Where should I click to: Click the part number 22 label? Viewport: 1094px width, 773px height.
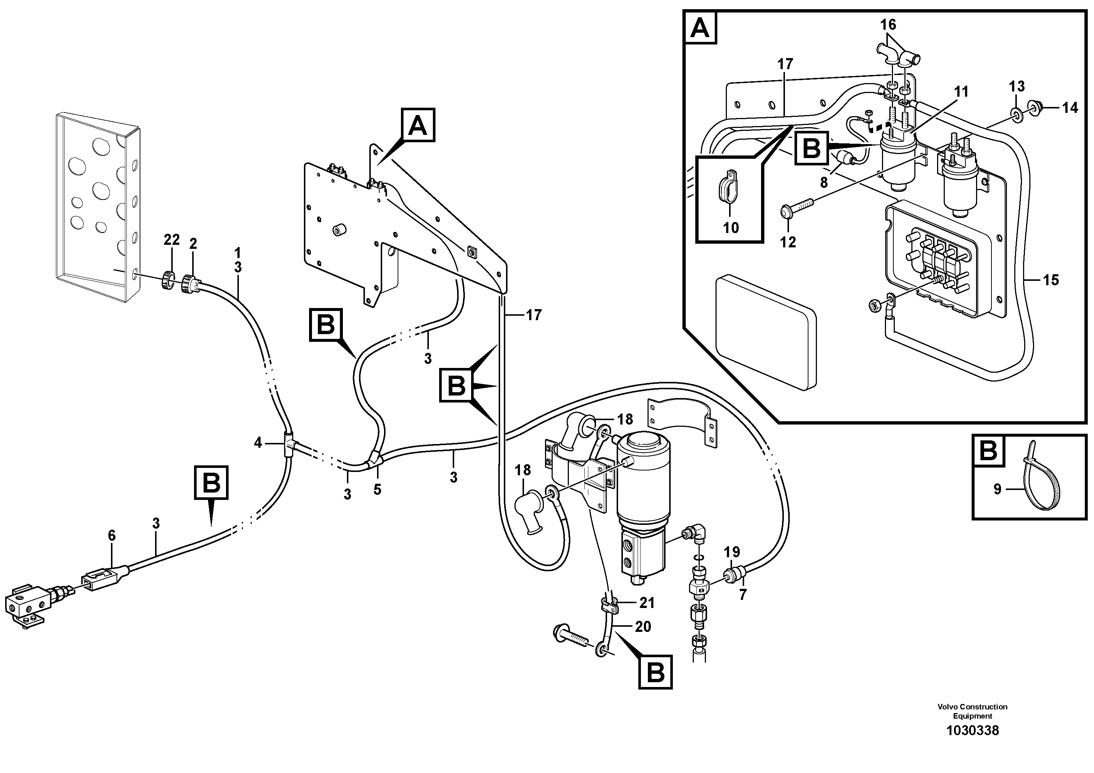(x=172, y=240)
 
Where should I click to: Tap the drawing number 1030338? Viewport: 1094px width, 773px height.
(x=972, y=744)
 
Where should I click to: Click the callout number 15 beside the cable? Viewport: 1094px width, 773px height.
(x=1051, y=280)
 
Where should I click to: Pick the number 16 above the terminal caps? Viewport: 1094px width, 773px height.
(x=888, y=24)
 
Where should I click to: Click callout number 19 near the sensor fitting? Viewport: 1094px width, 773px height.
(x=732, y=552)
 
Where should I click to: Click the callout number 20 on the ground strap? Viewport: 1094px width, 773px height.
(x=643, y=627)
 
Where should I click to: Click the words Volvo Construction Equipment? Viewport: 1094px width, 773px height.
(x=972, y=711)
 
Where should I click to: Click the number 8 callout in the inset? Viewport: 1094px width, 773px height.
(x=824, y=182)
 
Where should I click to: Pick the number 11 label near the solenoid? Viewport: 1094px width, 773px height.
(x=961, y=92)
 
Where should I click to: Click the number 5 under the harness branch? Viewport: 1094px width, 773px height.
(x=377, y=490)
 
